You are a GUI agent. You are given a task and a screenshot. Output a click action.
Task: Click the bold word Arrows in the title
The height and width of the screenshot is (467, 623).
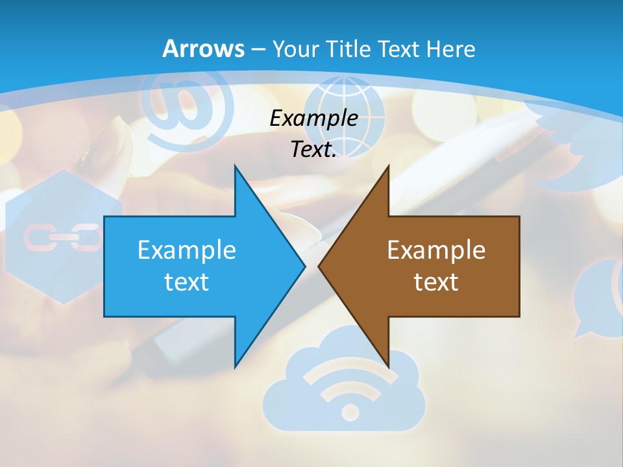pyautogui.click(x=203, y=49)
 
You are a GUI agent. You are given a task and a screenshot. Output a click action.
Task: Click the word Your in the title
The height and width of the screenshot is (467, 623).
pyautogui.click(x=296, y=49)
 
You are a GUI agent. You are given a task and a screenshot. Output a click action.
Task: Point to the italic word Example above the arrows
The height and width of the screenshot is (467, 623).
pyautogui.click(x=313, y=119)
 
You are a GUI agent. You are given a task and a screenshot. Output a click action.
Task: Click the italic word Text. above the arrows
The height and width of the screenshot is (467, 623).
pyautogui.click(x=313, y=150)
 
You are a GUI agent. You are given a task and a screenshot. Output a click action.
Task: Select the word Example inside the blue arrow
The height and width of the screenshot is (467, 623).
pyautogui.click(x=186, y=250)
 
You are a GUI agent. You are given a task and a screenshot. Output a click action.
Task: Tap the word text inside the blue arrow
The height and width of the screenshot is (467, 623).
pyautogui.click(x=186, y=282)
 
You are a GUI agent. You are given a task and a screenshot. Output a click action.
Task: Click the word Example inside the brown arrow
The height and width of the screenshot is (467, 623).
pyautogui.click(x=436, y=250)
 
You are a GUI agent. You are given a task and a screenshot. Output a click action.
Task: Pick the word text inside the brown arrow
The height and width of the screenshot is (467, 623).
pyautogui.click(x=436, y=282)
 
